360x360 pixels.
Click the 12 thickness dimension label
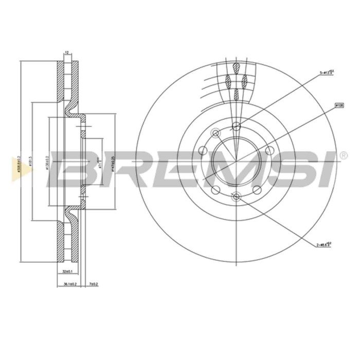(66, 53)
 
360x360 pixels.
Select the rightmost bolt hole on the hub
(268, 151)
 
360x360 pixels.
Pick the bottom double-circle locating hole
(236, 196)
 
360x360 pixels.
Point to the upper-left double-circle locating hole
(215, 134)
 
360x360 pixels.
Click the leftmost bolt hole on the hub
(202, 151)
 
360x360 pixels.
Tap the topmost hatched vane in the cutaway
(236, 68)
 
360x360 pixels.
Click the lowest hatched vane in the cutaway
(236, 94)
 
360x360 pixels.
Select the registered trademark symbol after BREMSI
(342, 154)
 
